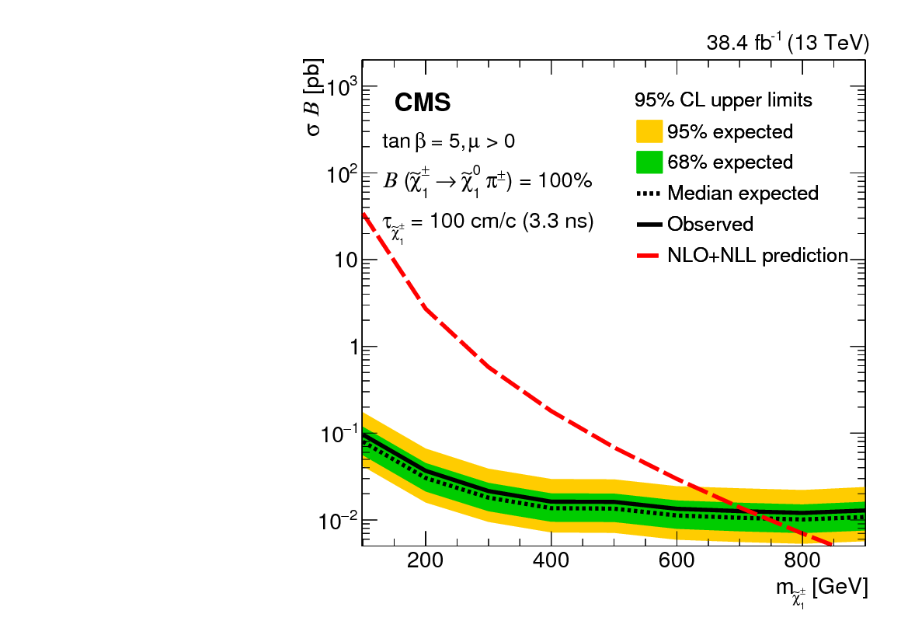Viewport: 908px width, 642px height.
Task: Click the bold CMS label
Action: [x=423, y=103]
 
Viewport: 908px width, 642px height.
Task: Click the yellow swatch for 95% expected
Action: [x=649, y=131]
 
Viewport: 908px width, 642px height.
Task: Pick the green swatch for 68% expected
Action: [x=649, y=162]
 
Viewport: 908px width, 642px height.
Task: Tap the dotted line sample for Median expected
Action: [x=649, y=193]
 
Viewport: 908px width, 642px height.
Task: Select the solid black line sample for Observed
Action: [x=649, y=224]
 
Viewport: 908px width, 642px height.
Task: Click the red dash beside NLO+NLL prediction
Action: [x=649, y=255]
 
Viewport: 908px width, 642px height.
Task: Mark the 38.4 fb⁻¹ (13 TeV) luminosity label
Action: [x=787, y=44]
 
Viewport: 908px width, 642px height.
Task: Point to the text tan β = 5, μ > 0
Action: [x=448, y=141]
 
